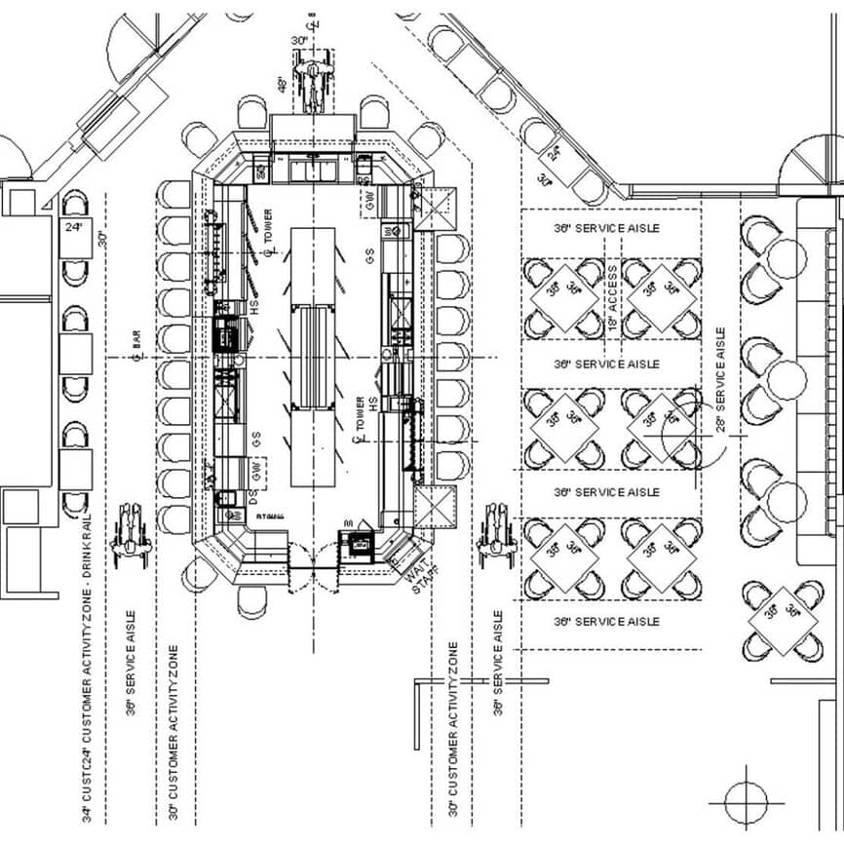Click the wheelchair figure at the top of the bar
[313, 85]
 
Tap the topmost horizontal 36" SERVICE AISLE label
[606, 228]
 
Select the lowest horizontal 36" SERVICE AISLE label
[606, 621]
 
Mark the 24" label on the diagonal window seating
[554, 153]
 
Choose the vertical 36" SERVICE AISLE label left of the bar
[132, 663]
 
